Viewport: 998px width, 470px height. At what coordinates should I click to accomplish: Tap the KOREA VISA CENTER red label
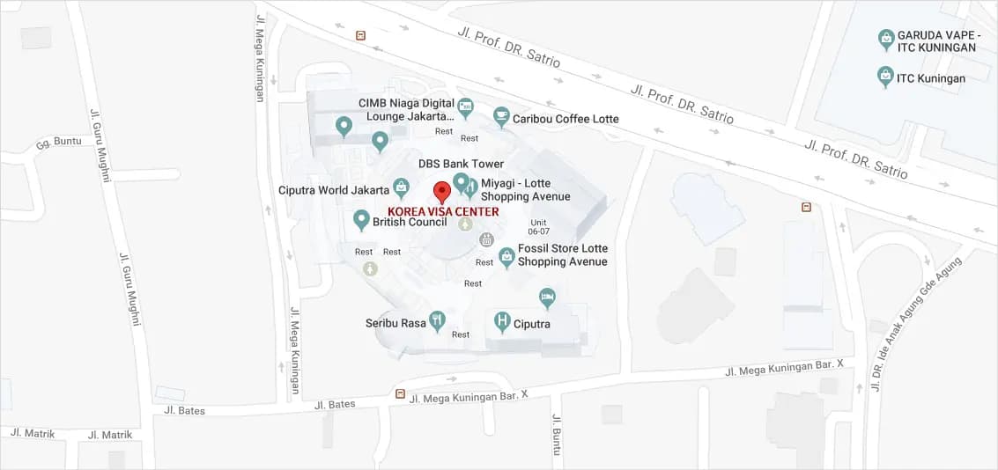tap(443, 211)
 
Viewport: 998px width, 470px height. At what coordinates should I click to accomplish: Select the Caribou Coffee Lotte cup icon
tap(501, 116)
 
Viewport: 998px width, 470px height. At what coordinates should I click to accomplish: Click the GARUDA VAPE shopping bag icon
tap(886, 40)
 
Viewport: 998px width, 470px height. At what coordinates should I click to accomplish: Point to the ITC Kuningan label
tap(931, 78)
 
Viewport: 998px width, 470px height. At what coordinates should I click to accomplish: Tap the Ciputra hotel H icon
tap(502, 322)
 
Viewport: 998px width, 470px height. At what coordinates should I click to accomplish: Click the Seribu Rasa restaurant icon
tap(437, 321)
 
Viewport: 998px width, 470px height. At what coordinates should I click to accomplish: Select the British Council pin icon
tap(360, 220)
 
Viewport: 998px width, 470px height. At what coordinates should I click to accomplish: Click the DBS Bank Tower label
tap(461, 164)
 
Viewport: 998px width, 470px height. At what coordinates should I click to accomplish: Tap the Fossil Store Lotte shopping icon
tap(506, 256)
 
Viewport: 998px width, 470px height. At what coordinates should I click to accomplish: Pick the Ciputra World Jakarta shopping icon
tap(401, 187)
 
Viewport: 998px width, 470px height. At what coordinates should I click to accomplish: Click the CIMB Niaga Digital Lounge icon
tap(466, 108)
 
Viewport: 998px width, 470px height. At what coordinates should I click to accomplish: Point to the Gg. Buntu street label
tap(58, 142)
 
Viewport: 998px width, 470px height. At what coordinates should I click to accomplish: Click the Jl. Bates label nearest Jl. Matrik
tap(184, 411)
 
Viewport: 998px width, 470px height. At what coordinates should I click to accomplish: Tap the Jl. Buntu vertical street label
tap(556, 435)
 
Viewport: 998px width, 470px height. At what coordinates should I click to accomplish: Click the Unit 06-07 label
tap(539, 226)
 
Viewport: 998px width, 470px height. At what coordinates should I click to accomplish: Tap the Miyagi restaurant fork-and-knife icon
tap(472, 187)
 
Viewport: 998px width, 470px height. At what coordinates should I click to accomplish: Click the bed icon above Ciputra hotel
tap(547, 297)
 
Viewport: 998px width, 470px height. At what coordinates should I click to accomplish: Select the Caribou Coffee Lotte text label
tap(566, 119)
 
